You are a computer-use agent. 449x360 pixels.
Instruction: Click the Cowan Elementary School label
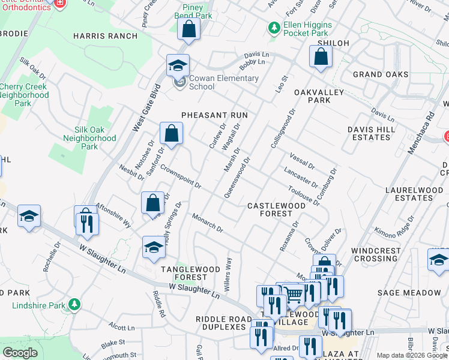click(223, 82)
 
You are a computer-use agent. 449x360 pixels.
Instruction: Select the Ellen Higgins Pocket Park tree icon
click(274, 27)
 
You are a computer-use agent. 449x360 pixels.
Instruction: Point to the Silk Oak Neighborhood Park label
click(89, 138)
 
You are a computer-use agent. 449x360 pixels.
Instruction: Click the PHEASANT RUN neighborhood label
click(215, 114)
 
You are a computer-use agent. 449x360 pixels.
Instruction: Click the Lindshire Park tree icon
click(74, 305)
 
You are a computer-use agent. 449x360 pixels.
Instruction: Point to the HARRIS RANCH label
click(105, 36)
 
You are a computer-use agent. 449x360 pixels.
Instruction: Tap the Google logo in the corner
click(20, 353)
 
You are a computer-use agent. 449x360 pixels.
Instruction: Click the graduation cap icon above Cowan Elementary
click(178, 65)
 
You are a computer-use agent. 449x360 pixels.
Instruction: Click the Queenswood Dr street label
click(236, 178)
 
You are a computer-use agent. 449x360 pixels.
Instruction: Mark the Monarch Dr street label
click(208, 223)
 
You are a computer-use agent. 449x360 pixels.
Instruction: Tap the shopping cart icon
click(294, 295)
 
